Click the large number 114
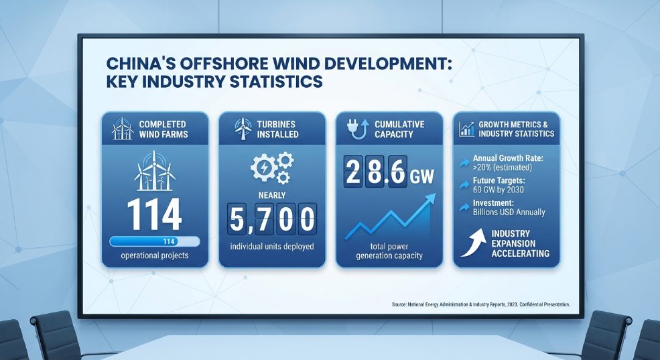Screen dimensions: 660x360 (x=154, y=215)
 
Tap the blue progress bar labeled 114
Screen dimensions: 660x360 (x=155, y=242)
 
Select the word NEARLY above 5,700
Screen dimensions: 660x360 (x=272, y=195)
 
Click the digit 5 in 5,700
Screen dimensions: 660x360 (x=237, y=219)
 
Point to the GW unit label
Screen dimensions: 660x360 (x=421, y=177)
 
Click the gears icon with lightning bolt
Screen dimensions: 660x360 (x=272, y=168)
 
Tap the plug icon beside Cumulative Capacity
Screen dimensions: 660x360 (x=358, y=129)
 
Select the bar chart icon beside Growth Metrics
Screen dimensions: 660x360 (x=466, y=129)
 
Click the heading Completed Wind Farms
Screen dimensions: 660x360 (x=163, y=129)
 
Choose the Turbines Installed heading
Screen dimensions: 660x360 (x=277, y=129)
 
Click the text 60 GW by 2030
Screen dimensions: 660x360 (x=499, y=190)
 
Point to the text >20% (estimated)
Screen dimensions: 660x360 (x=503, y=168)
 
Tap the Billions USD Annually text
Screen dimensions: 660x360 (x=509, y=213)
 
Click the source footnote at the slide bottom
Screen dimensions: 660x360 (x=480, y=304)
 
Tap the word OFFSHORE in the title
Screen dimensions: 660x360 (x=218, y=64)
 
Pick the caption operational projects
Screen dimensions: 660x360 (x=155, y=255)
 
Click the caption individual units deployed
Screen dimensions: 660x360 (x=272, y=246)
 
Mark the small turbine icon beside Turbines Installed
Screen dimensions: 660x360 (x=243, y=129)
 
